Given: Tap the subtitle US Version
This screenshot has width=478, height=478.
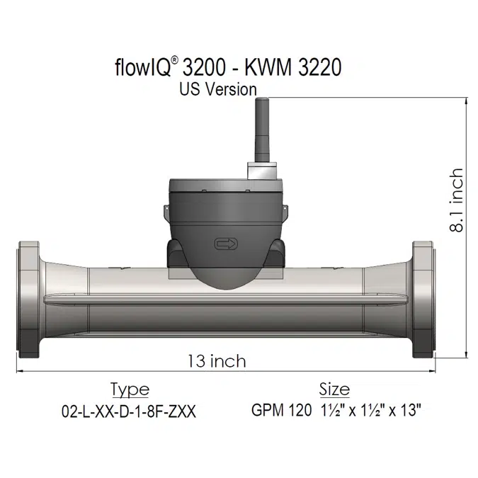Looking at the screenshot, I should (x=217, y=89).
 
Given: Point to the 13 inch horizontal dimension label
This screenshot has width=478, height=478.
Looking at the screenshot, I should (x=217, y=361).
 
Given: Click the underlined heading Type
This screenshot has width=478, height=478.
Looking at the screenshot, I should (x=130, y=389).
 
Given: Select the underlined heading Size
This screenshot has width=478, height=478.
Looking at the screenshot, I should (x=334, y=389).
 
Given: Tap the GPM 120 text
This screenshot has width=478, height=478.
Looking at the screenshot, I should (x=281, y=411).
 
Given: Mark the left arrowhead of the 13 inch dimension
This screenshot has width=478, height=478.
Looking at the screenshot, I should (x=20, y=370).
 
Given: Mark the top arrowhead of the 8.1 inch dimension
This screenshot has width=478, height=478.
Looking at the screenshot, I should (x=465, y=101).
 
